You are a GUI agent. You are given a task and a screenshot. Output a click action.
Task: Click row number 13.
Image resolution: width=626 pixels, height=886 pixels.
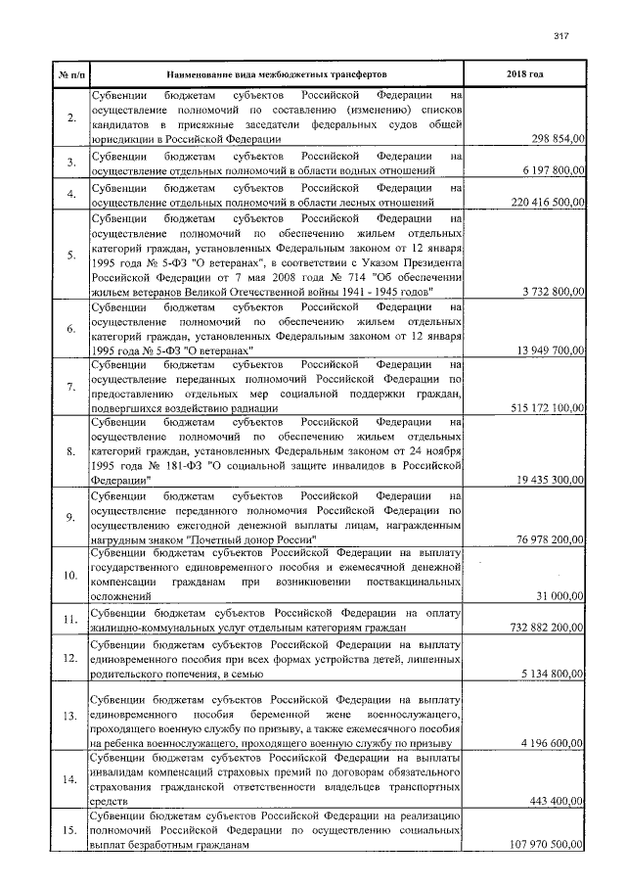tap(70, 716)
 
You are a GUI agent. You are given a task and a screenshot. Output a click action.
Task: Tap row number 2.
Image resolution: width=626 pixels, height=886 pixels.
tap(70, 118)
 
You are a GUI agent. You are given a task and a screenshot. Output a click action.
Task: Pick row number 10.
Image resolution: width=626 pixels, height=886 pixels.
tap(70, 574)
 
